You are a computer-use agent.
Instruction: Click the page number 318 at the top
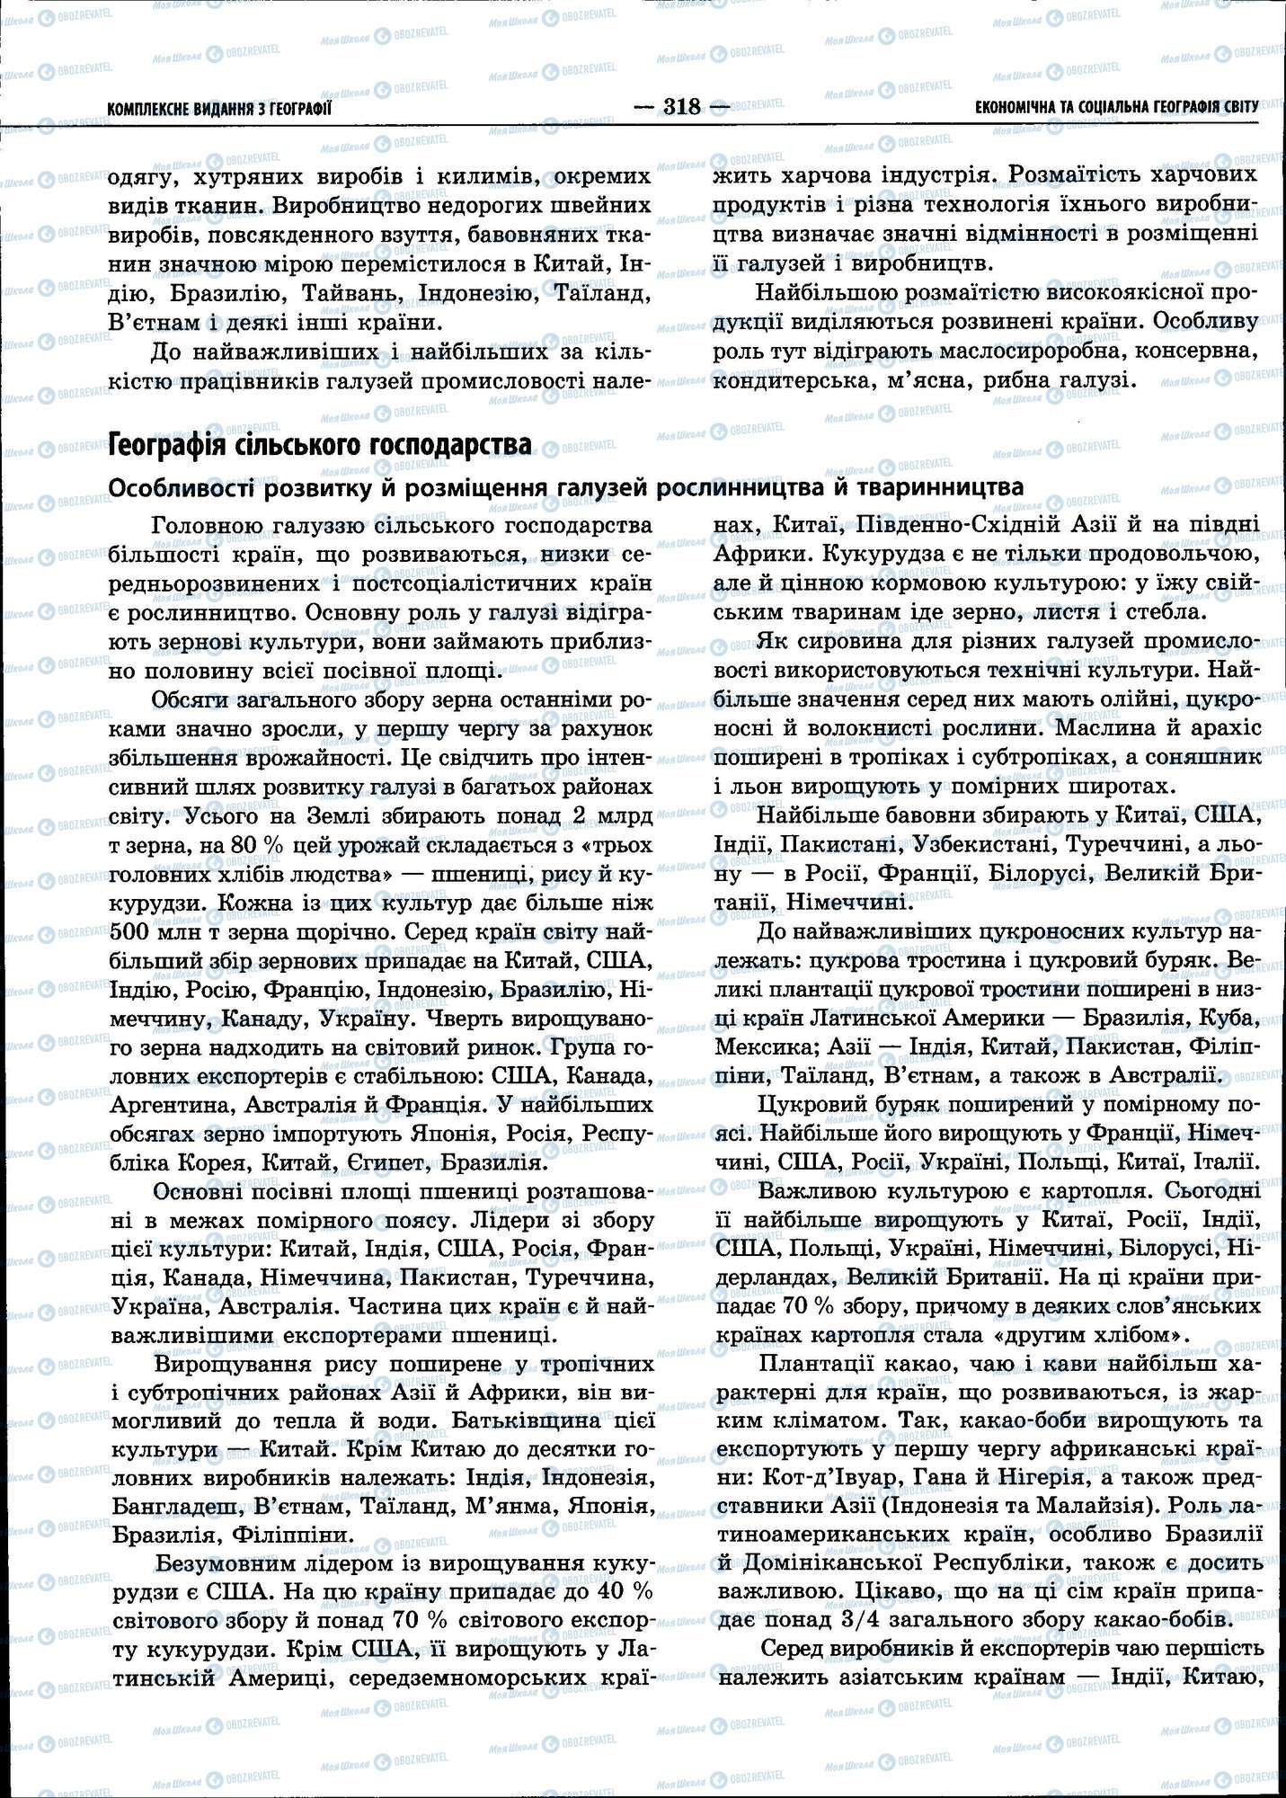[681, 107]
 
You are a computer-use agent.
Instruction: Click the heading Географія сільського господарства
[319, 445]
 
